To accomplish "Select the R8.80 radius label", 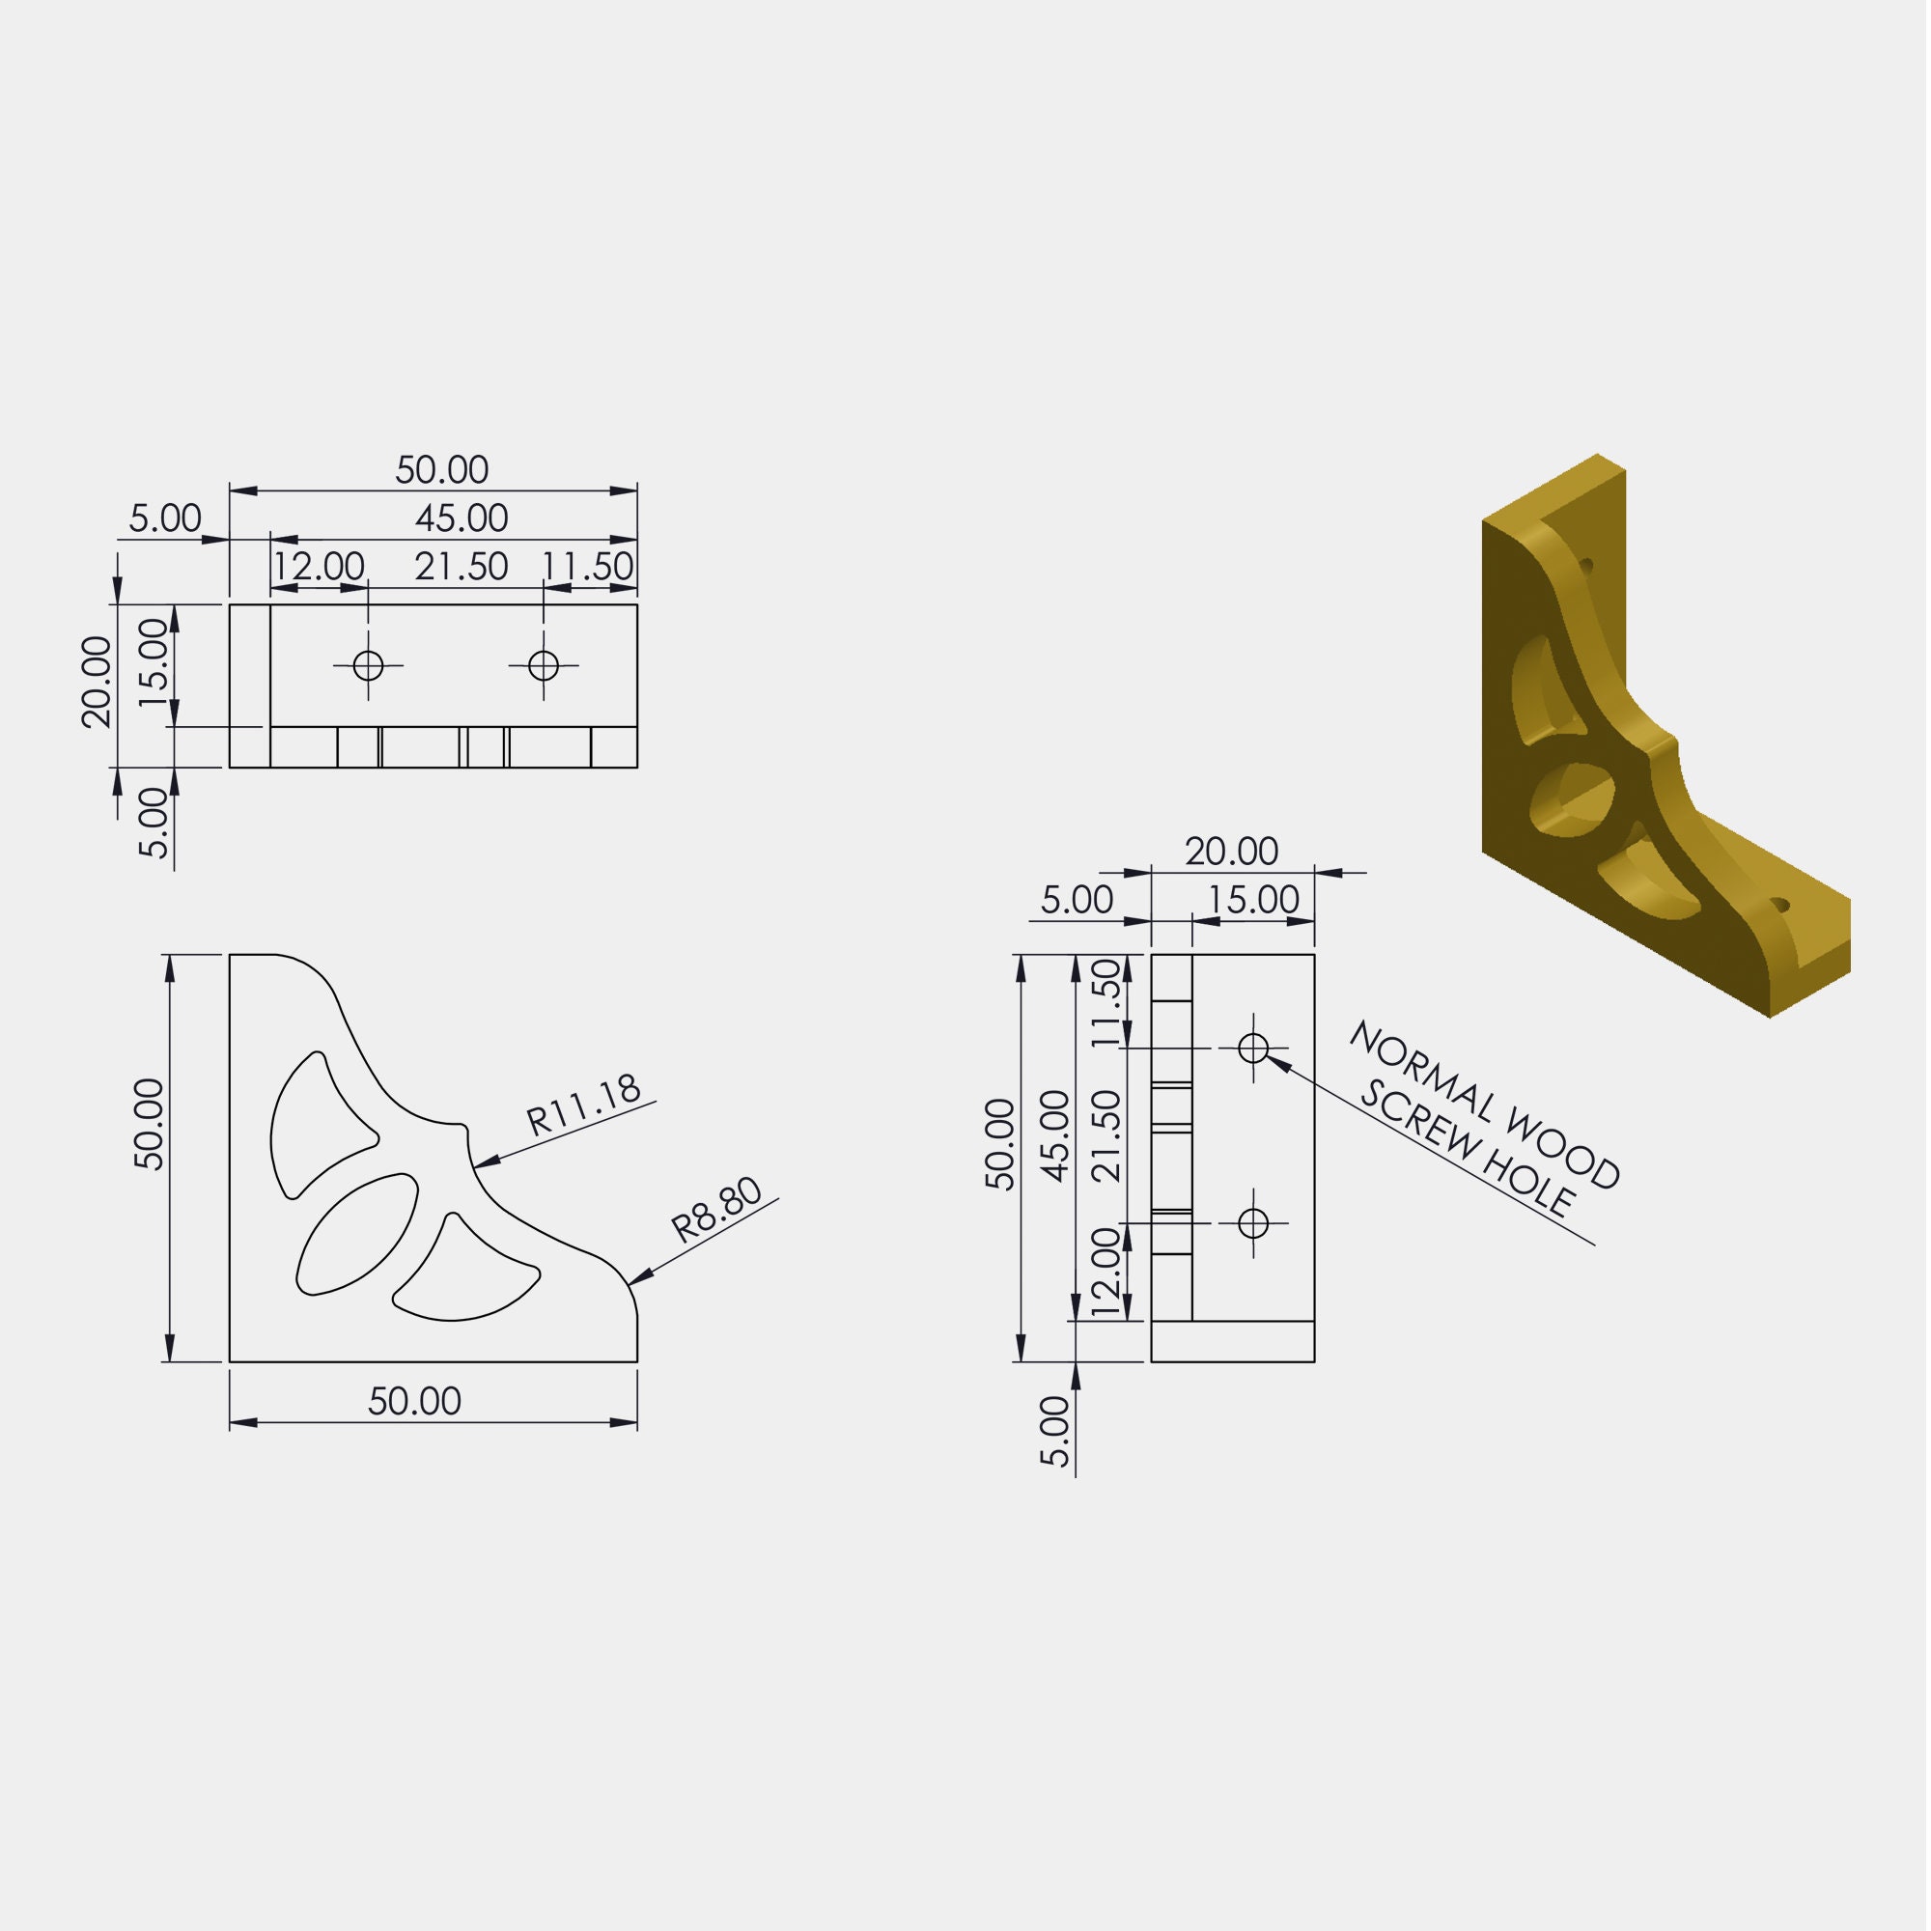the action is coord(717,1212).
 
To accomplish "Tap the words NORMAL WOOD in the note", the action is coord(1486,1105).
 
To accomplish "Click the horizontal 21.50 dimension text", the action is coord(462,568).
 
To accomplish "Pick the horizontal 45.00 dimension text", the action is coord(462,518).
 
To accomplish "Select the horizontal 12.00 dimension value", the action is coord(319,568).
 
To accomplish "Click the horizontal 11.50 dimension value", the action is coord(588,568).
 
